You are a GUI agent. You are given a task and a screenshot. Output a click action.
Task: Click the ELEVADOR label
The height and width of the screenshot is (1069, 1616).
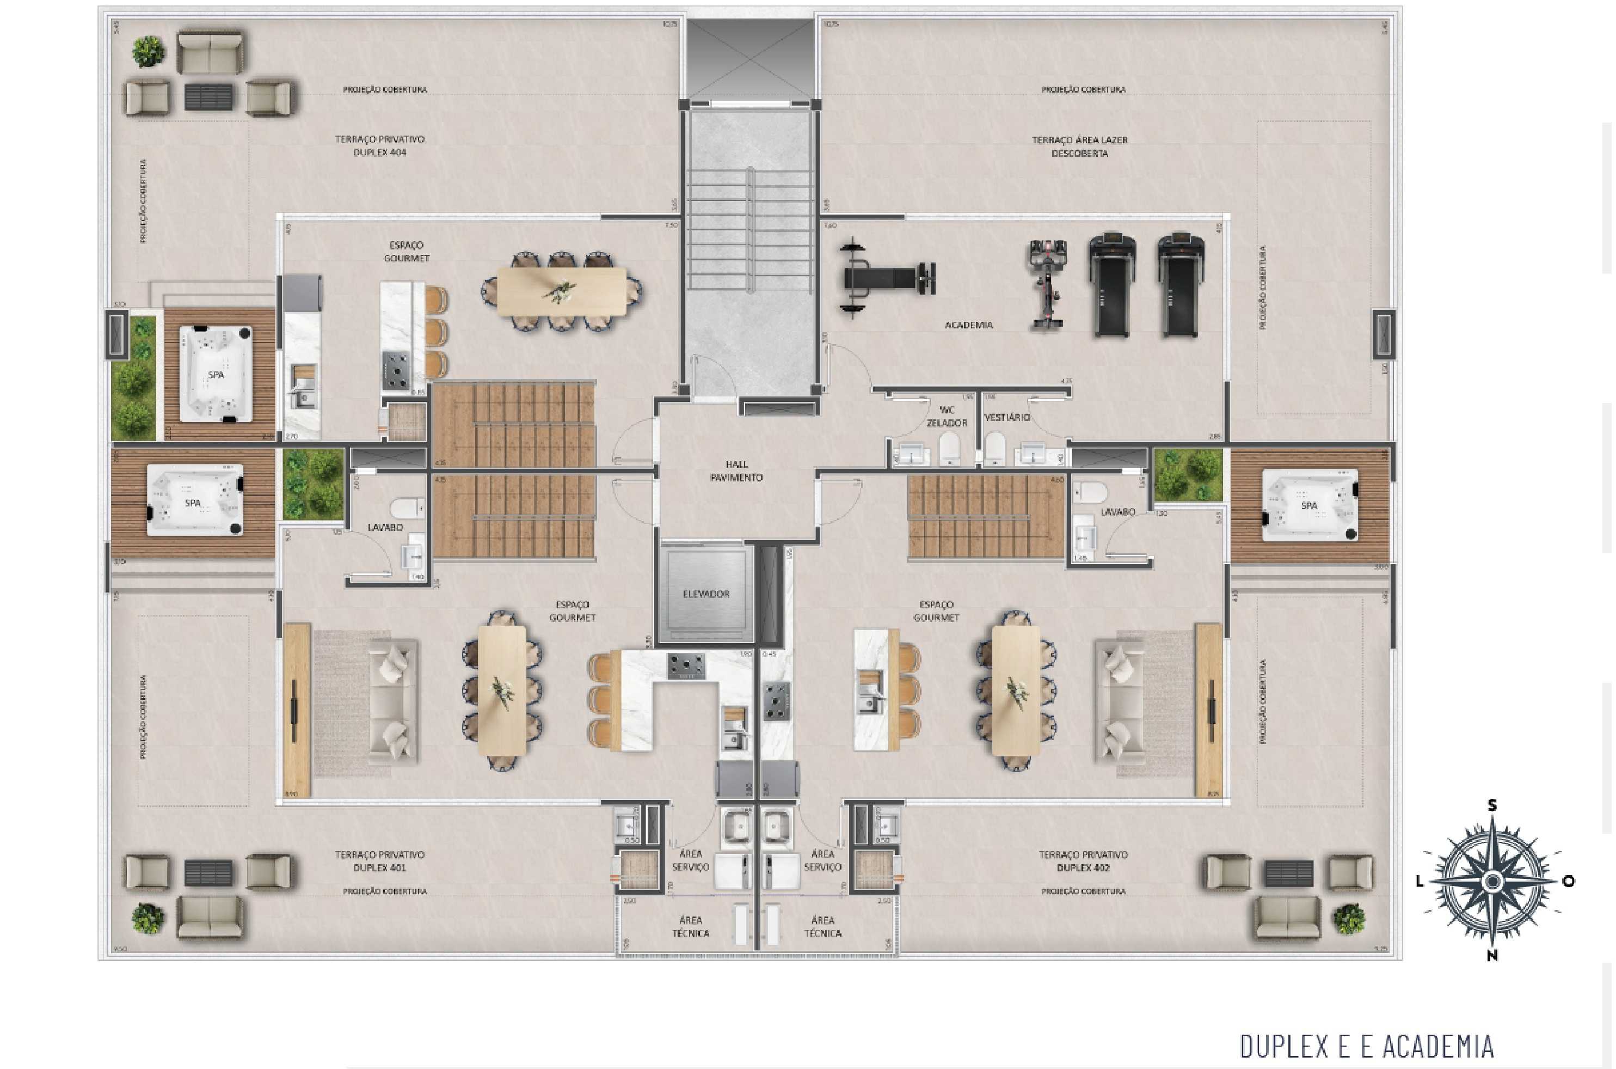[706, 594]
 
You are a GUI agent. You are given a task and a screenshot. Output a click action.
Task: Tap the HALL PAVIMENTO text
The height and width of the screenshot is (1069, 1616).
[736, 471]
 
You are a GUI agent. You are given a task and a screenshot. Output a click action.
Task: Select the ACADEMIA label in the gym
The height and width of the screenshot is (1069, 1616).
[968, 325]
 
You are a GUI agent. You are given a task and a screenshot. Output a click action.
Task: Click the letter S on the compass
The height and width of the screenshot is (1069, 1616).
[1492, 806]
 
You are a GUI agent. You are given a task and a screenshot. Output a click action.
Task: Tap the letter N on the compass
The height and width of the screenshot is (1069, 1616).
[1492, 956]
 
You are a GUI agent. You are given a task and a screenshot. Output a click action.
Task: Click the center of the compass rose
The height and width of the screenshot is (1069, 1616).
[1492, 880]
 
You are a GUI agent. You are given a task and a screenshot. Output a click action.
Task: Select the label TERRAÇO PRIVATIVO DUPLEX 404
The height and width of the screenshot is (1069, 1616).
[379, 146]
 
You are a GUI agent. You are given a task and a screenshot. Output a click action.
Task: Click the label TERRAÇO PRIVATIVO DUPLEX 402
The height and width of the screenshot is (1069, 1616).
[1083, 861]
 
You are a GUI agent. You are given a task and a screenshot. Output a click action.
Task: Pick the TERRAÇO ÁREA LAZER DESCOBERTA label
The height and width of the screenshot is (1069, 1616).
[1079, 146]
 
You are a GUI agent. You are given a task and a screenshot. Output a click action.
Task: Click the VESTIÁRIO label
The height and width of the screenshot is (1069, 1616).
[1006, 417]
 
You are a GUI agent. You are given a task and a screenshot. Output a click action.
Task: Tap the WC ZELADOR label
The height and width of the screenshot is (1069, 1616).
[947, 417]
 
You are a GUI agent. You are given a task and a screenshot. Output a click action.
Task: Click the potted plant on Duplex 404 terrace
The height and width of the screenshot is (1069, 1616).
[148, 51]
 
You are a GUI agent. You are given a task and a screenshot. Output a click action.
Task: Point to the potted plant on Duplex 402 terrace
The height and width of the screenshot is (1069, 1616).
[1349, 918]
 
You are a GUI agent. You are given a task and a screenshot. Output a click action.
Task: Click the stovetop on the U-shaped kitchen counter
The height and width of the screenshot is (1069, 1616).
[685, 666]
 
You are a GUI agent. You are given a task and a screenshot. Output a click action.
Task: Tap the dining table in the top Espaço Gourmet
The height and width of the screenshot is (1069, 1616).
[561, 291]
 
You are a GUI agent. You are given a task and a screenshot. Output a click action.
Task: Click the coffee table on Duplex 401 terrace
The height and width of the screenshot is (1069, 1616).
[208, 872]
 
